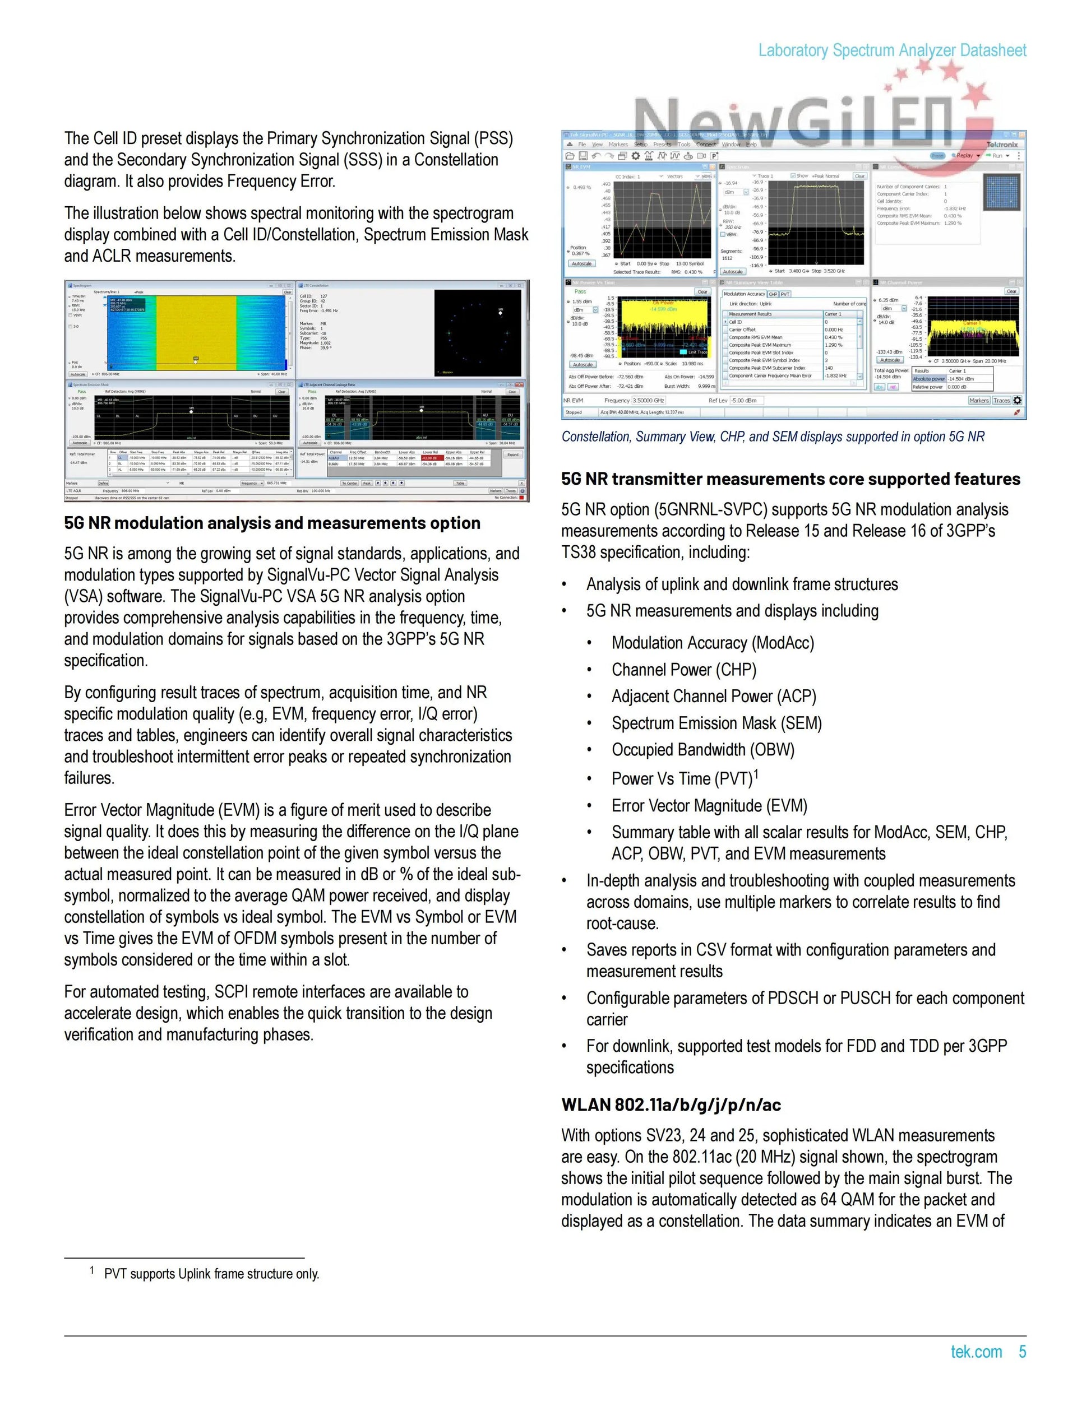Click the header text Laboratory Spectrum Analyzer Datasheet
[892, 50]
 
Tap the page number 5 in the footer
[1022, 1352]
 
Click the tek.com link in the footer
[976, 1352]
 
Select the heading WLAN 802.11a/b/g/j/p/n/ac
[671, 1105]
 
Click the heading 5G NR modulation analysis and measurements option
[272, 523]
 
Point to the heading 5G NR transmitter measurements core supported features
[790, 479]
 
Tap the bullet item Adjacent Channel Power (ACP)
[714, 697]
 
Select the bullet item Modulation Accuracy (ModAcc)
[713, 643]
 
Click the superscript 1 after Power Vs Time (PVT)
[756, 774]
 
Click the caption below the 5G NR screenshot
[773, 437]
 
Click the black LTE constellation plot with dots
[478, 333]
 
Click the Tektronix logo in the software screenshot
[1001, 145]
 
